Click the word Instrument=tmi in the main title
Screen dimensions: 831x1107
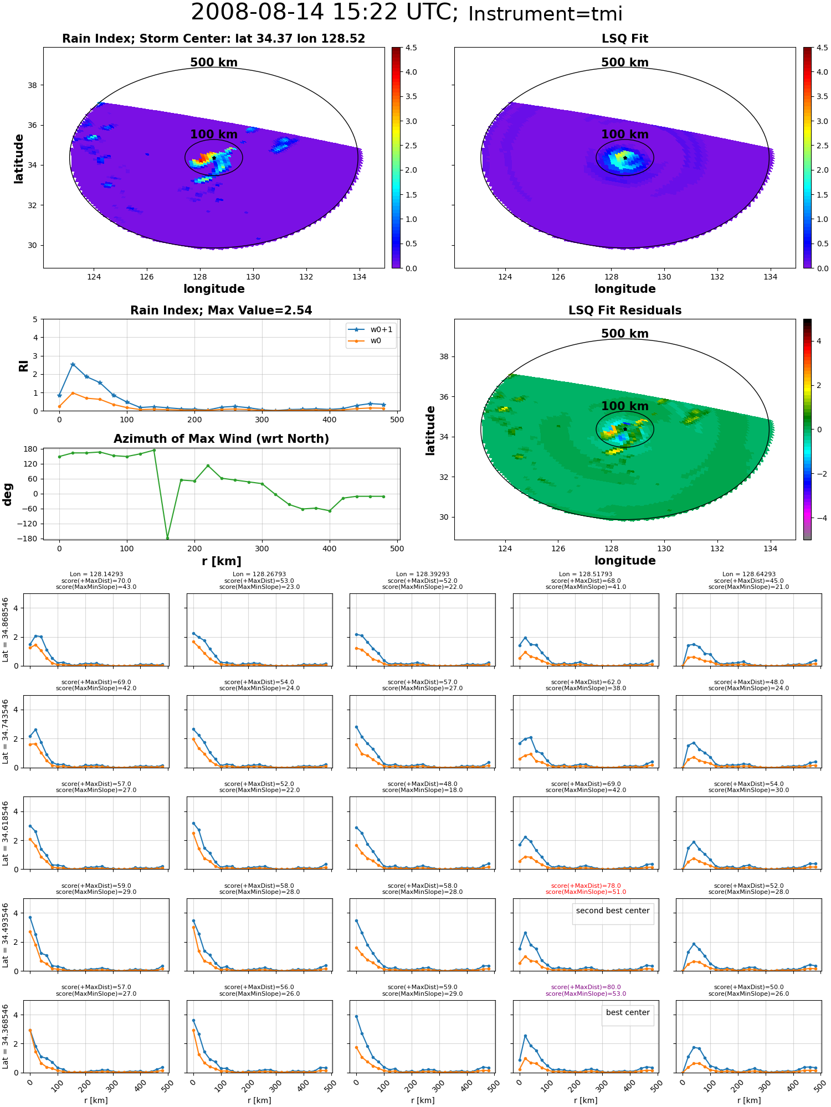[x=545, y=14]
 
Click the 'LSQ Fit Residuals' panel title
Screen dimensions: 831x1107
[x=625, y=311]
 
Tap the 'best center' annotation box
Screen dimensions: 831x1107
[x=628, y=1012]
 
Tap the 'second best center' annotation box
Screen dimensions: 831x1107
[x=613, y=911]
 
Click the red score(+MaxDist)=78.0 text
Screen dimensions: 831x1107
[x=586, y=886]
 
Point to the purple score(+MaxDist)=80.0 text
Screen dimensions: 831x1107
[x=586, y=987]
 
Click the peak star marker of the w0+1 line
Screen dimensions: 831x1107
[x=73, y=364]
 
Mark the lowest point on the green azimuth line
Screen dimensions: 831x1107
[x=167, y=538]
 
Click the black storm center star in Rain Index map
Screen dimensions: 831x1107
[x=214, y=158]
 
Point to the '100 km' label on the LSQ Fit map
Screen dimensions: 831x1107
[x=625, y=135]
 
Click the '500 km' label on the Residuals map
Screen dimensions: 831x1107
[x=625, y=334]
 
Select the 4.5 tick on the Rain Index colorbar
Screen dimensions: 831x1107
[x=411, y=48]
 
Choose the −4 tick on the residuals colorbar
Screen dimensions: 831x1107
[x=819, y=518]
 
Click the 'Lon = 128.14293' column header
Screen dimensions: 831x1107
[x=96, y=575]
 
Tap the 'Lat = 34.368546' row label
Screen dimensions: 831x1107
[x=6, y=1037]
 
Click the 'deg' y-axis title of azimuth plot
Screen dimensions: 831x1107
[x=8, y=494]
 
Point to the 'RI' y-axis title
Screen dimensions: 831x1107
[x=24, y=365]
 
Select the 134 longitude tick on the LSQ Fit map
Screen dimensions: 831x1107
[x=770, y=277]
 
